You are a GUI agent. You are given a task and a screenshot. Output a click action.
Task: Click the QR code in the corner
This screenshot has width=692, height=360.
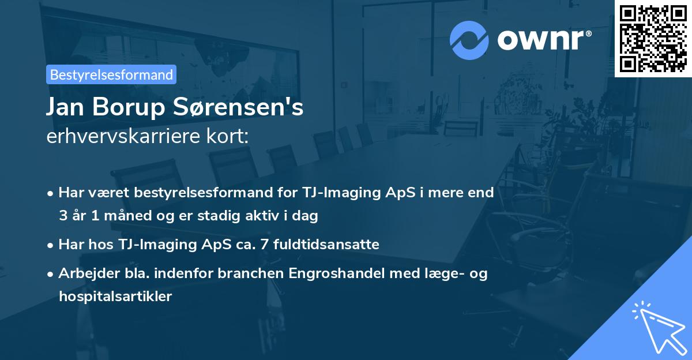point(653,38)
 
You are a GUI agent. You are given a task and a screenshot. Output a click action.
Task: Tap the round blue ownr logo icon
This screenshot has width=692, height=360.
point(469,39)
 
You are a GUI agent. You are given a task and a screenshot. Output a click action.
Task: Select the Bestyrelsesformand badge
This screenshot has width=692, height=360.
point(111,74)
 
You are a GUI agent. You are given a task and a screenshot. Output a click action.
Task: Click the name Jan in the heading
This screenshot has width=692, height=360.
point(65,107)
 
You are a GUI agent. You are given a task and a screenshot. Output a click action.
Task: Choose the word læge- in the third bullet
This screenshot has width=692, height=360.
point(448,273)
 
